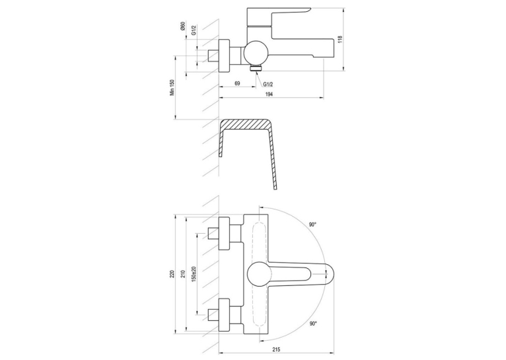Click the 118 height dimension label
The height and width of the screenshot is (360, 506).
340,39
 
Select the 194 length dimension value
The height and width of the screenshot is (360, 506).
269,94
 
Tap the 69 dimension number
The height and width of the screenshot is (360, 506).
237,83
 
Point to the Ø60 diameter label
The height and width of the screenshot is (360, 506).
183,26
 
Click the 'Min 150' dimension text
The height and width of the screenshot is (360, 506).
172,87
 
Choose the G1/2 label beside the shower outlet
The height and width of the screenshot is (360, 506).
268,84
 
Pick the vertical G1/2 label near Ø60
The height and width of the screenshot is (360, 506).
194,30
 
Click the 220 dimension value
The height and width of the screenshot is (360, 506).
172,274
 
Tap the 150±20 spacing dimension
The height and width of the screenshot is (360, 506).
194,273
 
